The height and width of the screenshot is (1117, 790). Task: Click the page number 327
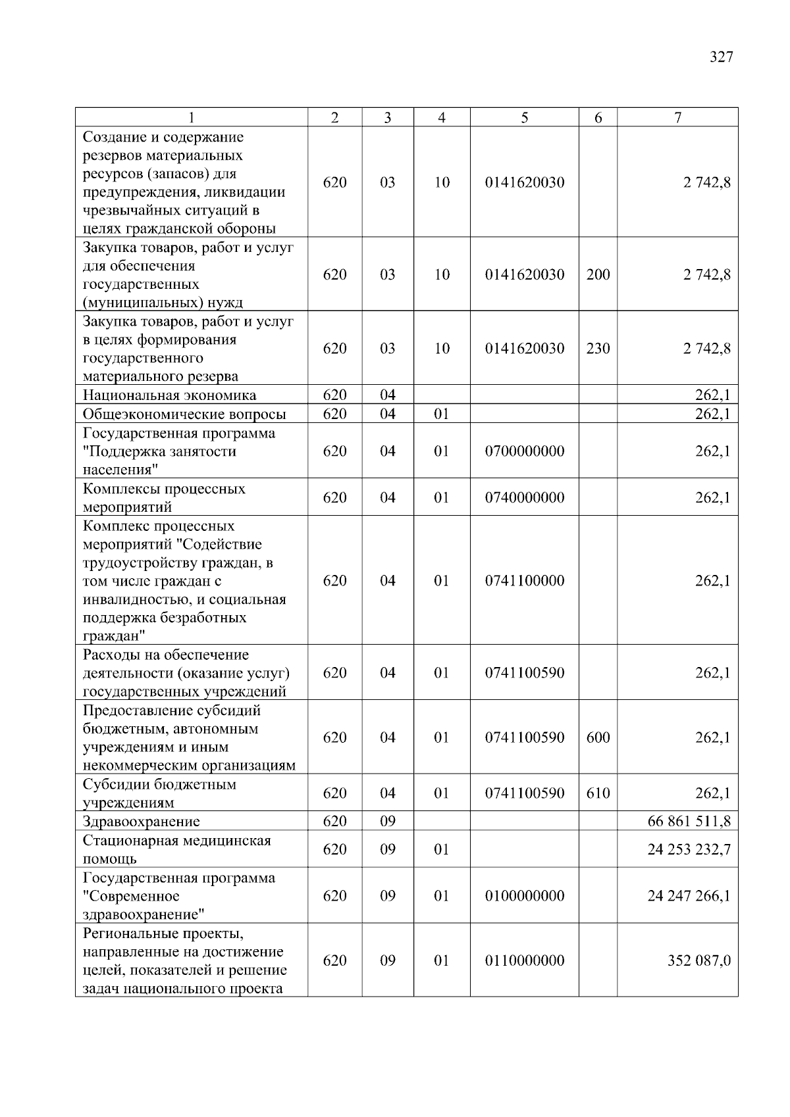pos(721,57)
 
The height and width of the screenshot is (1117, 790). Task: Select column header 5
pos(524,118)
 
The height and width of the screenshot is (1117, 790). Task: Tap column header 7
pos(677,118)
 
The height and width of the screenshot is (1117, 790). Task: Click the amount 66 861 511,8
pos(689,821)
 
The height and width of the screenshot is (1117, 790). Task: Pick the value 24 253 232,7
pos(689,849)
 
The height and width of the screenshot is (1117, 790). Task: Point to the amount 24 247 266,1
pos(689,895)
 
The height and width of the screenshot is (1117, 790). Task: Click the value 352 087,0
pos(698,960)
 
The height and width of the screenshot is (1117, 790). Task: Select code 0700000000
pos(525,451)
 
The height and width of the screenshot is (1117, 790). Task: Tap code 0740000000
pos(525,497)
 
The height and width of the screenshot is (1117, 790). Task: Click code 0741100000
pos(525,580)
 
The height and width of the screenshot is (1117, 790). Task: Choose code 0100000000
pos(525,895)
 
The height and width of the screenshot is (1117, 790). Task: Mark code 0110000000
pos(525,960)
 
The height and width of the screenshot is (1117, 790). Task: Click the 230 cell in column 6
pos(598,348)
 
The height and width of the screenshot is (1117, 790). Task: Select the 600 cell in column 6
pos(598,737)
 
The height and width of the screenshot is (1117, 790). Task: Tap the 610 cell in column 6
pos(598,793)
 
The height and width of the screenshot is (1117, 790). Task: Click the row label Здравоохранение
pos(141,822)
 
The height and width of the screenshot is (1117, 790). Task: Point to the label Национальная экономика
pos(169,395)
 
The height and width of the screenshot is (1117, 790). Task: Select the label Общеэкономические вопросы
pos(184,414)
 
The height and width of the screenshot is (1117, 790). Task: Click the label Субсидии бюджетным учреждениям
pos(159,793)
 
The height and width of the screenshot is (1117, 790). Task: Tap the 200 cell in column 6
pos(598,274)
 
